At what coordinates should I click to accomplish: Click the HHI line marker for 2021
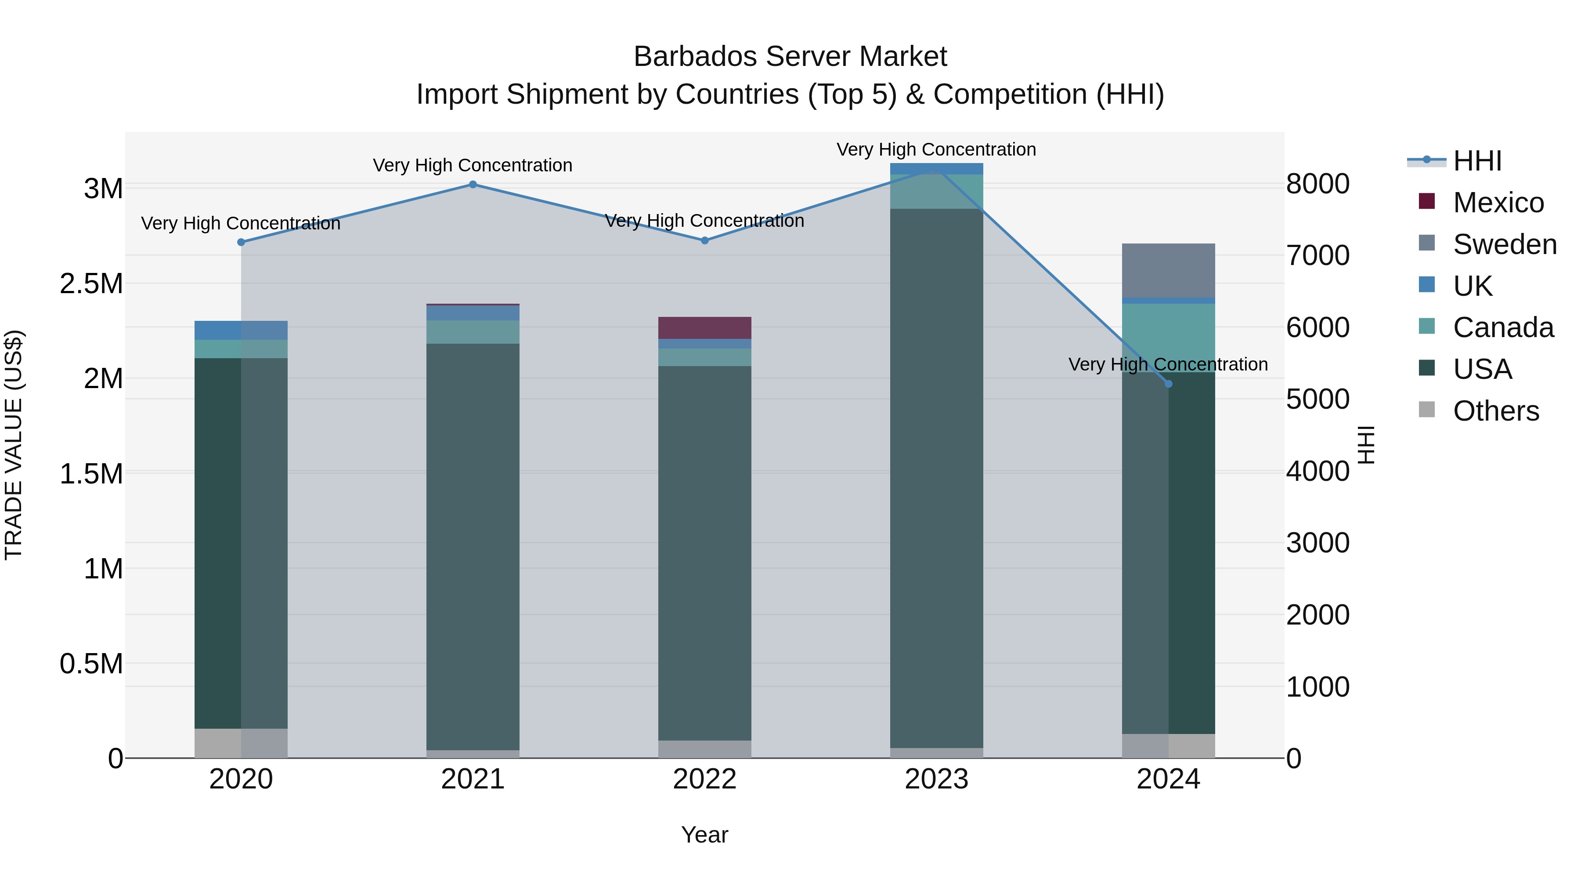(x=473, y=184)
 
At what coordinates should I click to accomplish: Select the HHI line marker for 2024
(x=1168, y=384)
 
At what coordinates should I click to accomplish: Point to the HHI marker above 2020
(x=241, y=242)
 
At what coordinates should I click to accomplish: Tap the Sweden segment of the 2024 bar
(x=1168, y=270)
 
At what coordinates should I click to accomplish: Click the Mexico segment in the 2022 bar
(x=704, y=327)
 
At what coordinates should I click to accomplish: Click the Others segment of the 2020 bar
(x=241, y=743)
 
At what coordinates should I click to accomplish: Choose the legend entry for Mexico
(x=1498, y=203)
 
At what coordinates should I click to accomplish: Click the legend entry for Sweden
(x=1504, y=244)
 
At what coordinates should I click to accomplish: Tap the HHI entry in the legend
(x=1476, y=161)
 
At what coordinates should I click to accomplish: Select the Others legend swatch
(x=1427, y=410)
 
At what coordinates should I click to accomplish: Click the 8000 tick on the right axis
(x=1317, y=184)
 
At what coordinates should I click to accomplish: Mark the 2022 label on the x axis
(x=704, y=779)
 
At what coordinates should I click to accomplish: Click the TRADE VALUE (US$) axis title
(x=14, y=445)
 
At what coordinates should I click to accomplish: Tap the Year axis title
(x=704, y=835)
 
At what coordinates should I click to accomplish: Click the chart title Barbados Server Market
(x=790, y=57)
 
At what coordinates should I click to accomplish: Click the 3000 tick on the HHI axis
(x=1317, y=543)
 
